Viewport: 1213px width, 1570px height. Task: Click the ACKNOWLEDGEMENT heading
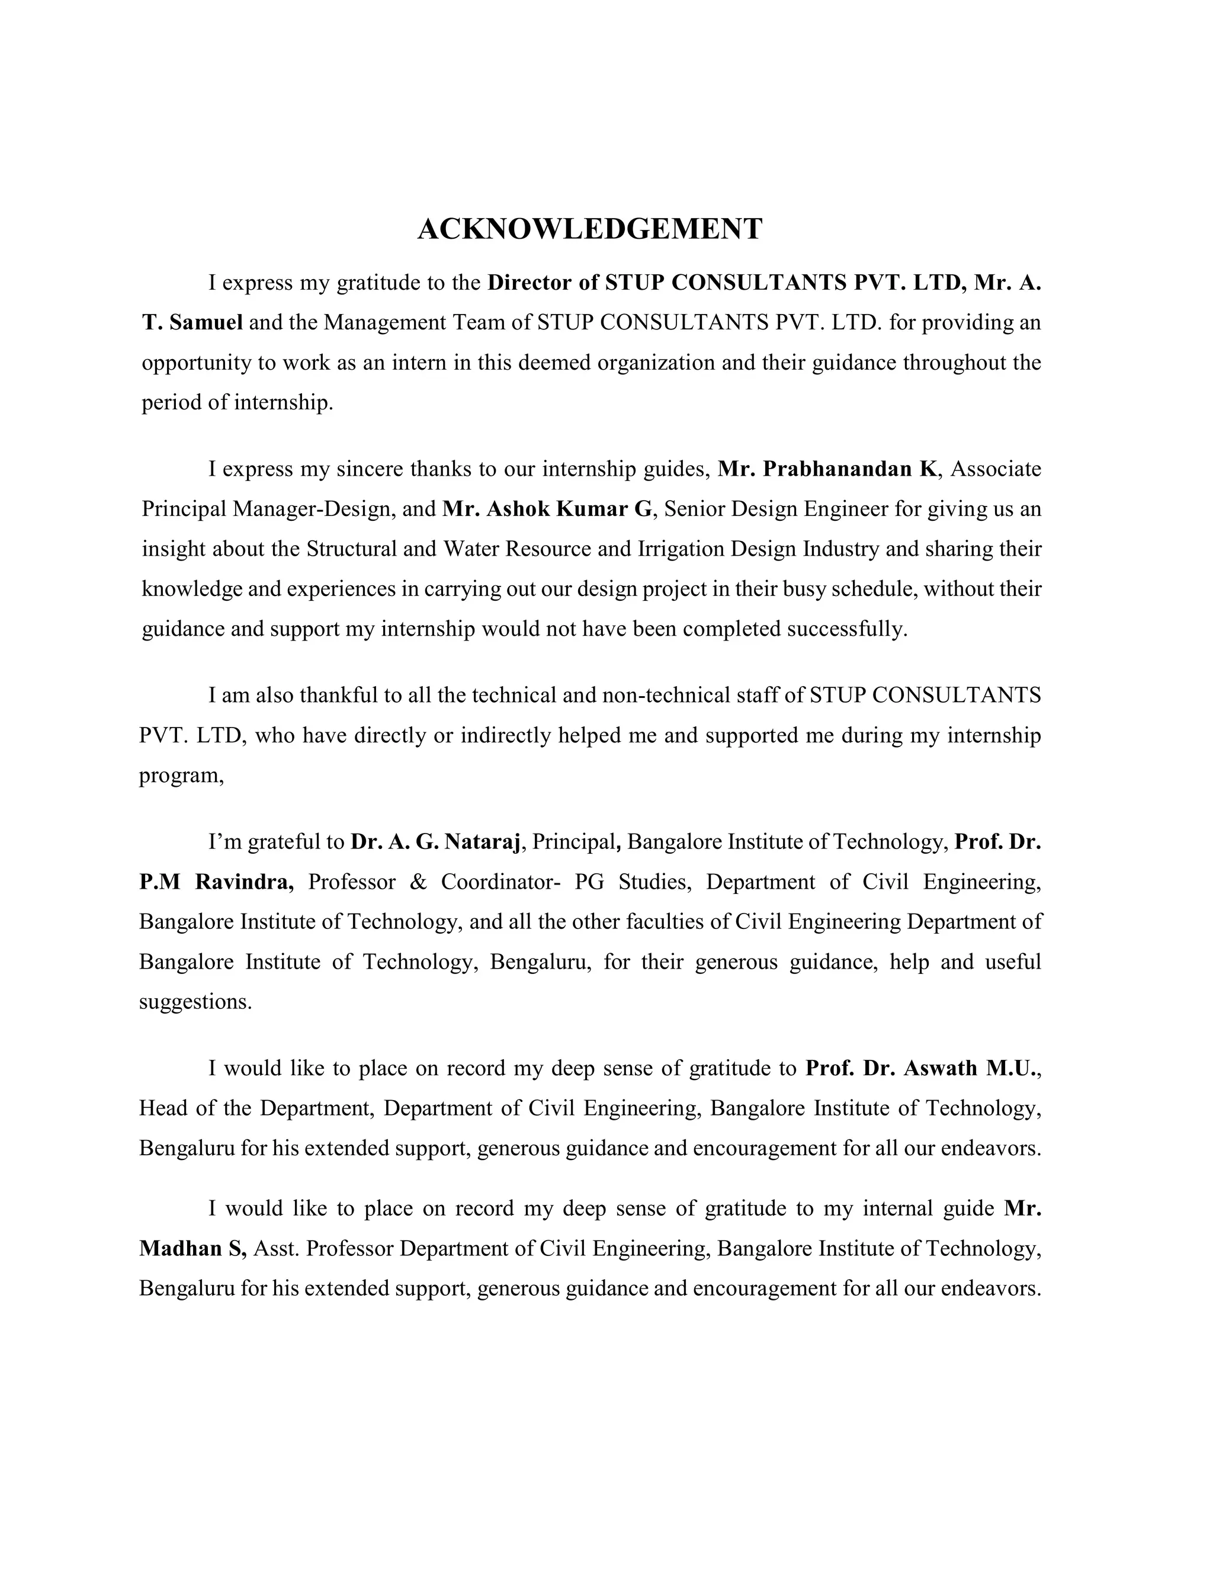[x=589, y=229]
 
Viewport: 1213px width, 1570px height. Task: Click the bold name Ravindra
[x=245, y=882]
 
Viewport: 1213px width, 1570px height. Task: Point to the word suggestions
[x=195, y=1002]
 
